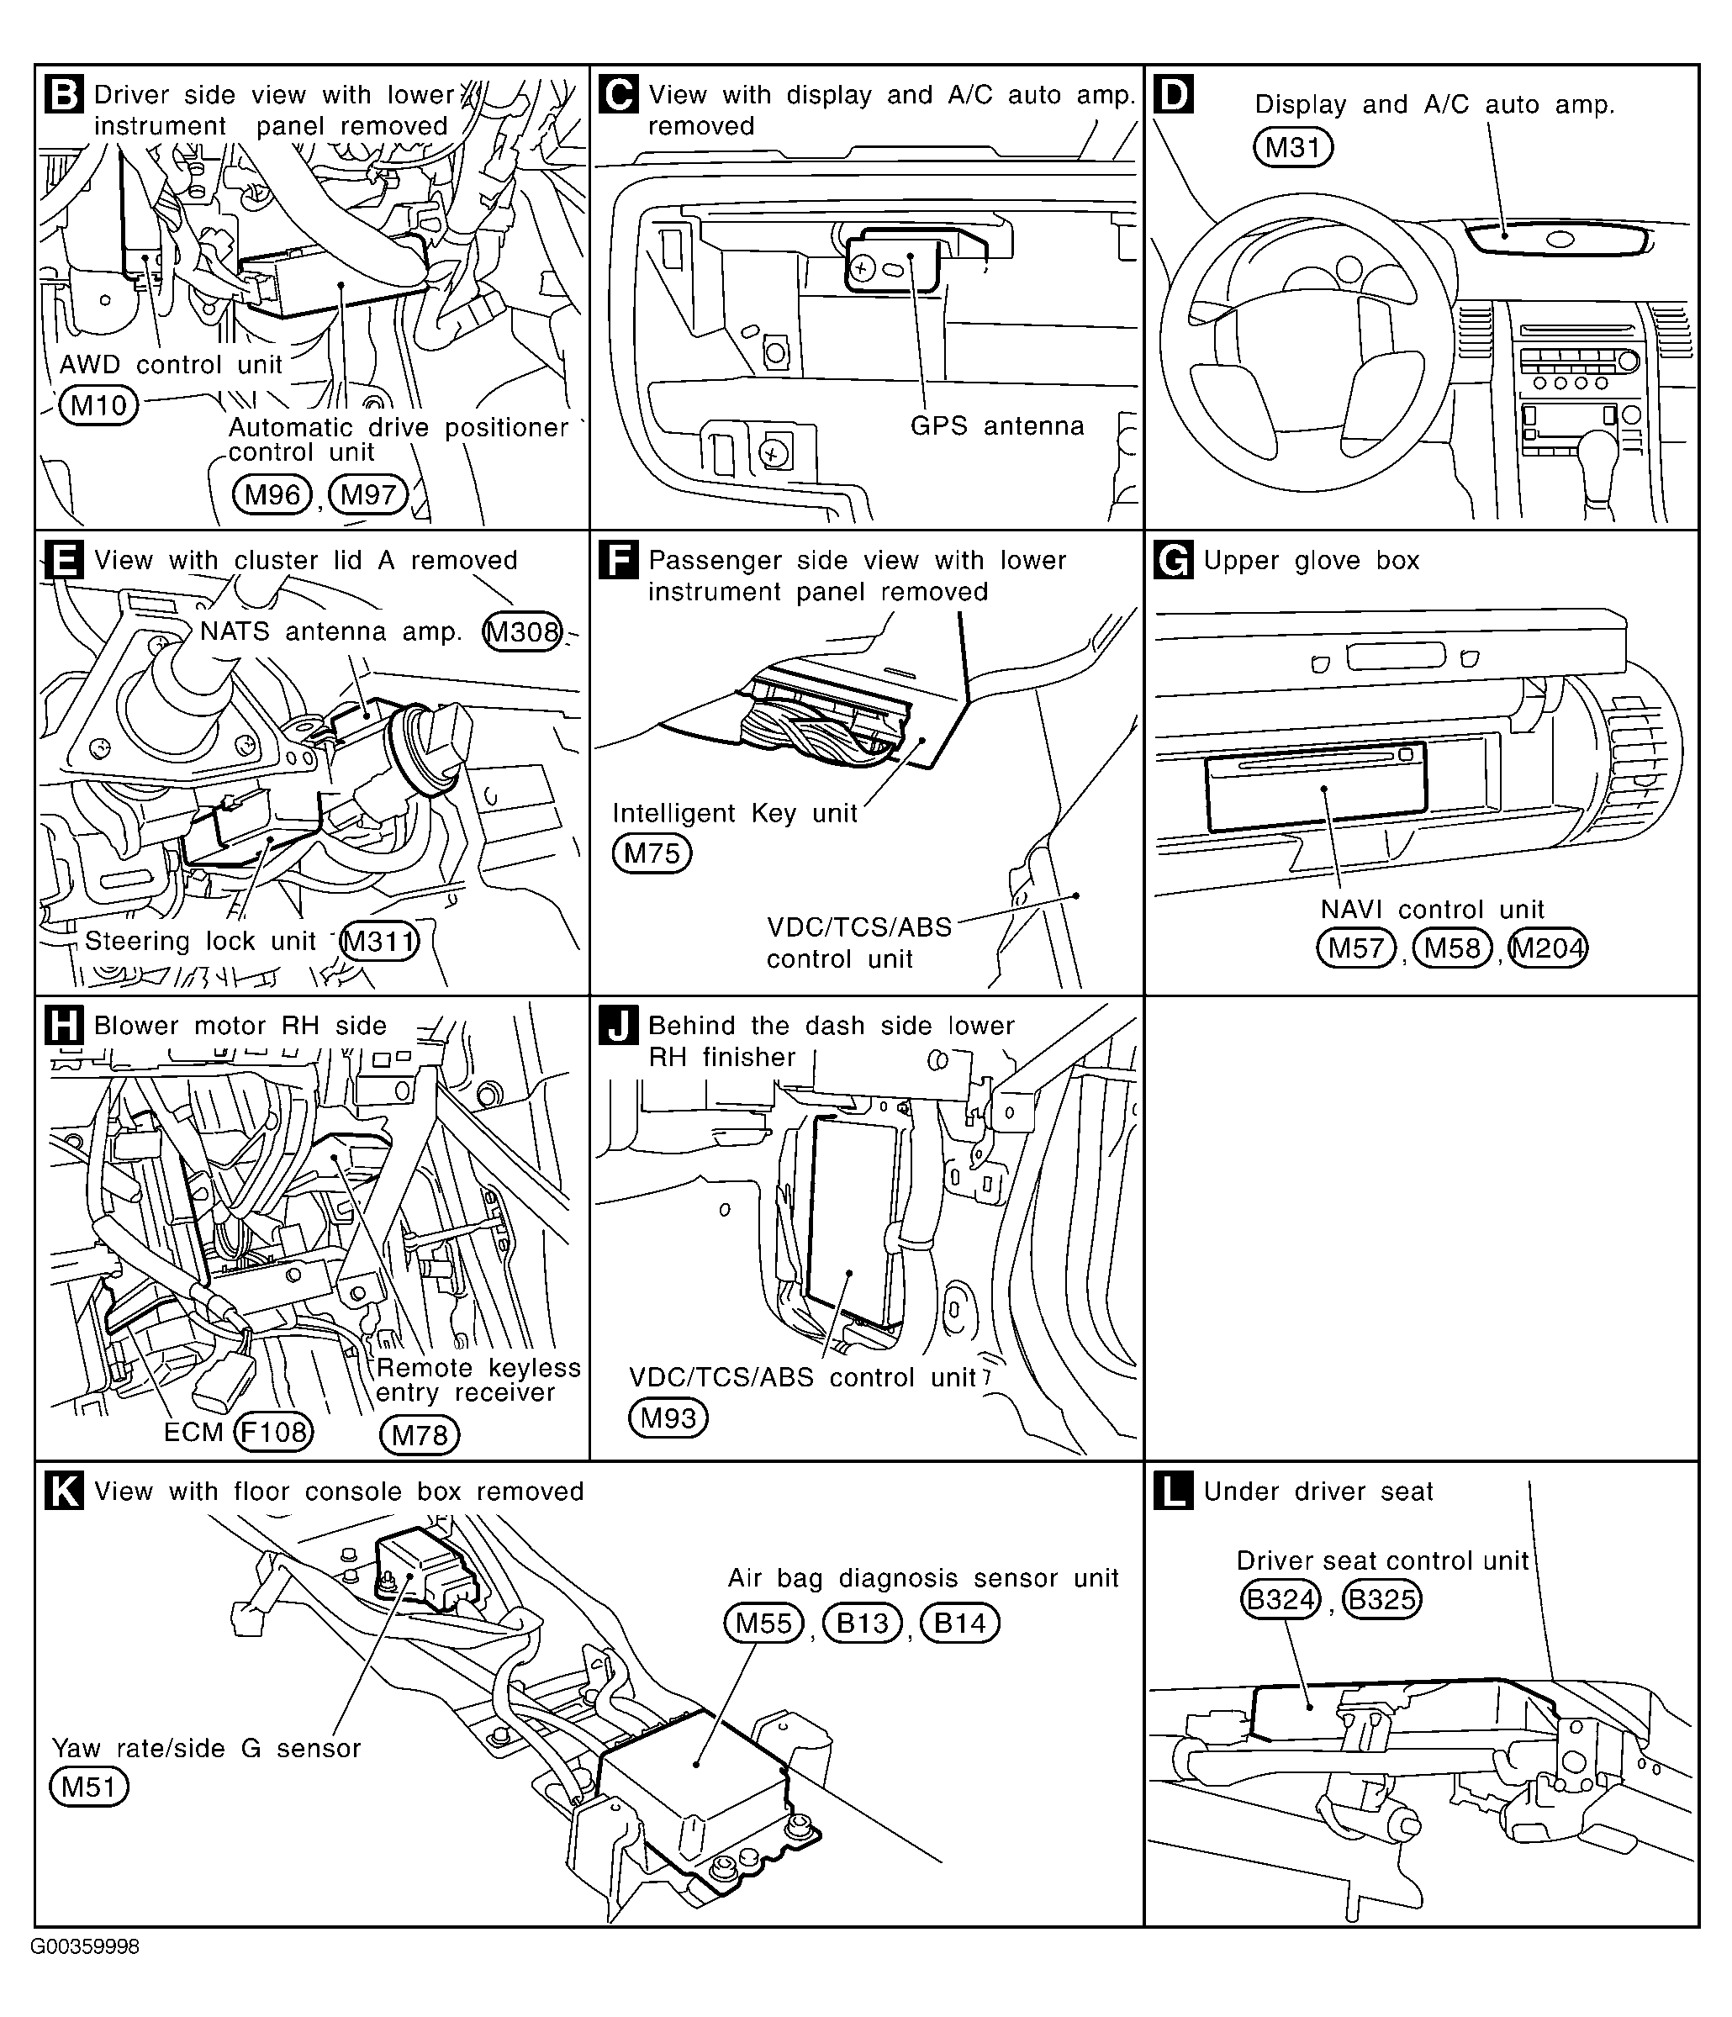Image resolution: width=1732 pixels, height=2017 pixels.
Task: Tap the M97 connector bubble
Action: (368, 494)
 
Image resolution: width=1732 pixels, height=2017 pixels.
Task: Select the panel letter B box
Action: (63, 94)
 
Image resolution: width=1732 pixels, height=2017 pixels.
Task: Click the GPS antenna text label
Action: (997, 425)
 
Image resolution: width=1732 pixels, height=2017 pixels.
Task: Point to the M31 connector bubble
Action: (1292, 147)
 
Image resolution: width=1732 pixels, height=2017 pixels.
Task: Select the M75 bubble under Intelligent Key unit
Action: (652, 853)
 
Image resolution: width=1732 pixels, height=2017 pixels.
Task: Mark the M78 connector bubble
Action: (419, 1435)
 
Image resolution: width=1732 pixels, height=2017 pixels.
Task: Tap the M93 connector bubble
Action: (668, 1418)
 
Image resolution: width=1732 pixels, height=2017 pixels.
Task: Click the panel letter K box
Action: (63, 1491)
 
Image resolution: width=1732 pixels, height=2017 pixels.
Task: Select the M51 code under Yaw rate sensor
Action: (88, 1787)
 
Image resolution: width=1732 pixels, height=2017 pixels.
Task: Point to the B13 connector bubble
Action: (863, 1623)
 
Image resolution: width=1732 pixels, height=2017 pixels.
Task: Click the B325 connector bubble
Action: (1381, 1599)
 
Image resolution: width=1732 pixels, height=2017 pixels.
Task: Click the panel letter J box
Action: (618, 1025)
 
